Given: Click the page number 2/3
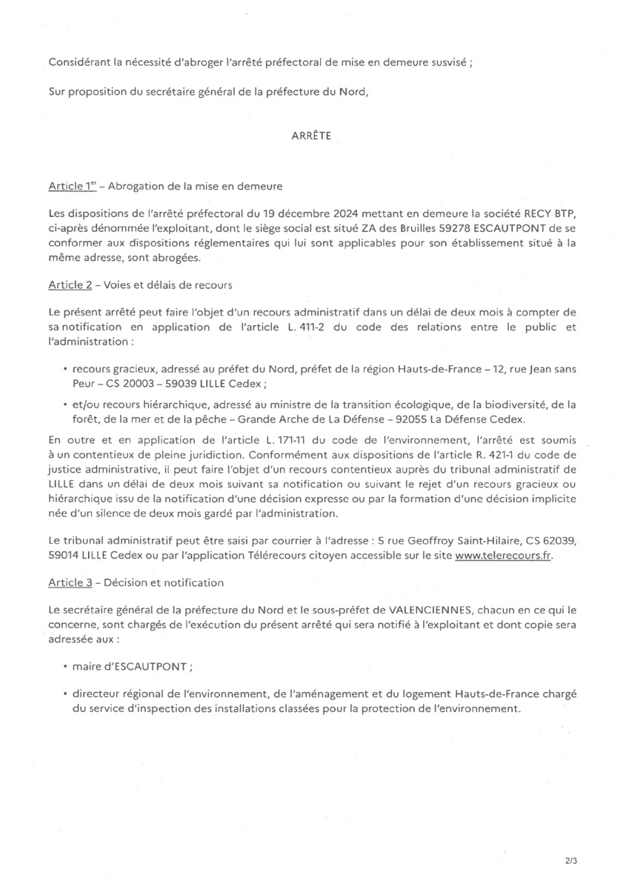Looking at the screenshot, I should [570, 862].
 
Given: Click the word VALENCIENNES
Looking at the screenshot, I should [433, 609].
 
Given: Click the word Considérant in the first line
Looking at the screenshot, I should [78, 63].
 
